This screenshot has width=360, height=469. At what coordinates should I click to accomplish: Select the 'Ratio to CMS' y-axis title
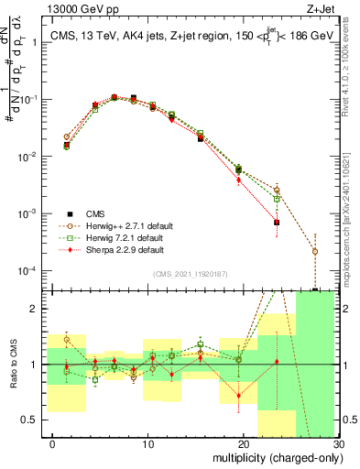click(12, 366)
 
